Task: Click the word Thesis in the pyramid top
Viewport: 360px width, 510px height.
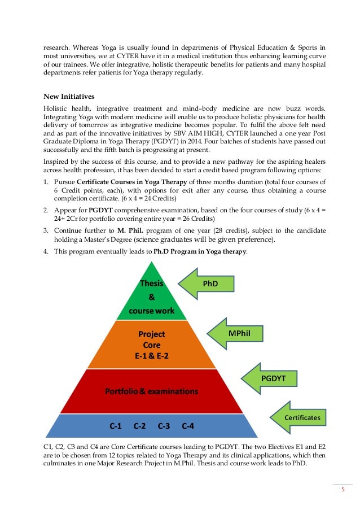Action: pos(151,284)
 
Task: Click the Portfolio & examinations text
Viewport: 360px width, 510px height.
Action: pos(152,391)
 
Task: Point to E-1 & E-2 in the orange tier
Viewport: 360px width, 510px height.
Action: pos(152,355)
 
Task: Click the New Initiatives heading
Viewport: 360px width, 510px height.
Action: pos(68,94)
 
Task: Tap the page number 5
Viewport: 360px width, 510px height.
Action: pos(342,490)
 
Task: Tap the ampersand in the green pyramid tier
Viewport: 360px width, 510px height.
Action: pos(151,297)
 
